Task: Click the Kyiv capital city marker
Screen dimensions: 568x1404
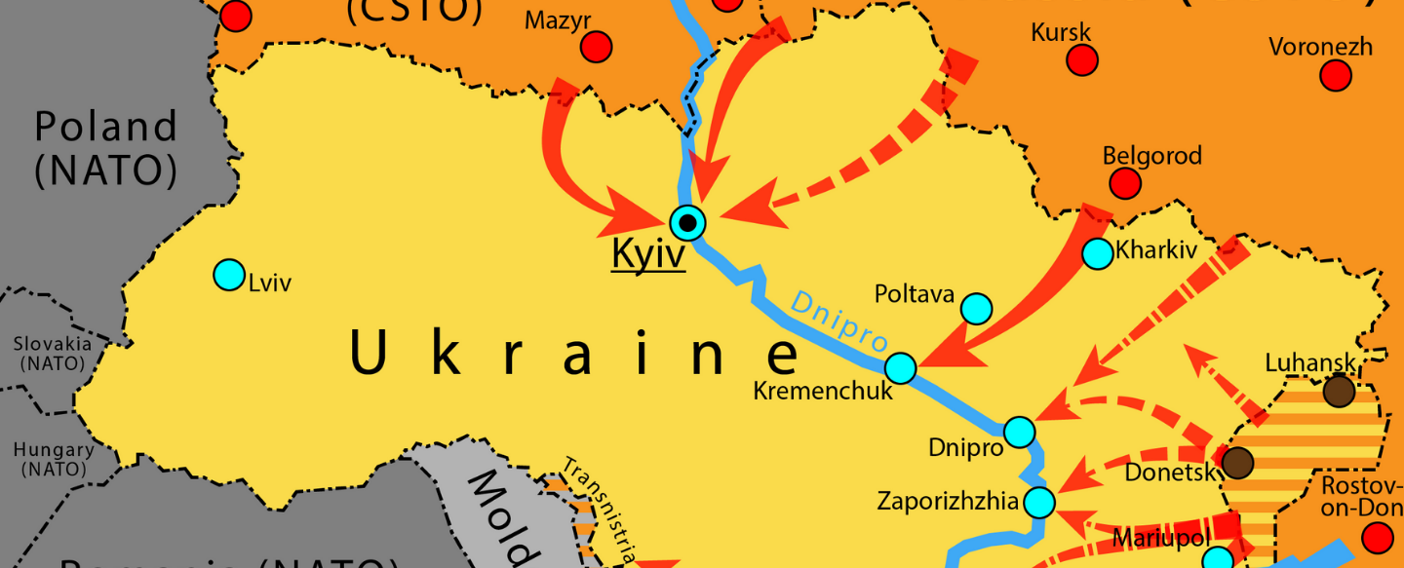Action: (x=688, y=223)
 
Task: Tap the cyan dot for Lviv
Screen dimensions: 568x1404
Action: (x=229, y=275)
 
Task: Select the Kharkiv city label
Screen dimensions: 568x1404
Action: (x=1156, y=250)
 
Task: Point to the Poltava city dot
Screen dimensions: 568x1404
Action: (x=976, y=309)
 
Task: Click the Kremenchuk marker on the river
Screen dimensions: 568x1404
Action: (x=901, y=368)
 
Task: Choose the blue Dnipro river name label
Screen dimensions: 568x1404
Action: (x=838, y=321)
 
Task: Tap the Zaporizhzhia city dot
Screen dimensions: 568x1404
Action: (x=1040, y=503)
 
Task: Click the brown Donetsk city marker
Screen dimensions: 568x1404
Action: (x=1237, y=462)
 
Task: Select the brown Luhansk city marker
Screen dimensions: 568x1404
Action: (x=1339, y=392)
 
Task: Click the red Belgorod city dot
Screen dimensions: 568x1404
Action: (x=1125, y=182)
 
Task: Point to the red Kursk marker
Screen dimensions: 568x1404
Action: (x=1082, y=60)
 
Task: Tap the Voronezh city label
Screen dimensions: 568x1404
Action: (x=1320, y=47)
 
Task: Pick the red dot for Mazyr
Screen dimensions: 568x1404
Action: (x=596, y=47)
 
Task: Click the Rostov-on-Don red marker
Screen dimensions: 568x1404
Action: (x=1378, y=537)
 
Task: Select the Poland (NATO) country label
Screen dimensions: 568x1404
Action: (x=106, y=148)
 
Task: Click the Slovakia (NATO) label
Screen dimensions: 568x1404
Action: (x=53, y=353)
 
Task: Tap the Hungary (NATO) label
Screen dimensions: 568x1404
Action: (x=54, y=459)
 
